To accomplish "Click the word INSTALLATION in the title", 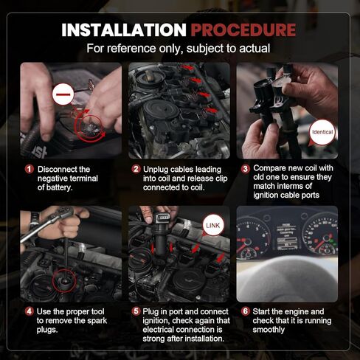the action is (x=124, y=30).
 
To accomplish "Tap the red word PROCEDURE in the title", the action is (x=243, y=30).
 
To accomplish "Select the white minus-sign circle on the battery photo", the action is (x=63, y=94).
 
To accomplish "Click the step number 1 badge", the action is (x=30, y=169).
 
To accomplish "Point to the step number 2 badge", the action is (x=136, y=169).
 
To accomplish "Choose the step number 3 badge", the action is (x=245, y=169).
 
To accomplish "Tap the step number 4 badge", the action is (x=30, y=311).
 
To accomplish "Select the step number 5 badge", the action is (x=136, y=311).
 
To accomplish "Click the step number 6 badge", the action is (x=245, y=311).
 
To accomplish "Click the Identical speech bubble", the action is (x=322, y=133).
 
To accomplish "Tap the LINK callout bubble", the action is (x=213, y=226).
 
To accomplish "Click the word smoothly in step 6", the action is (x=269, y=330).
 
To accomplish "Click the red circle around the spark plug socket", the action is (x=65, y=281).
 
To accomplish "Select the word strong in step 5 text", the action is (x=153, y=339).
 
